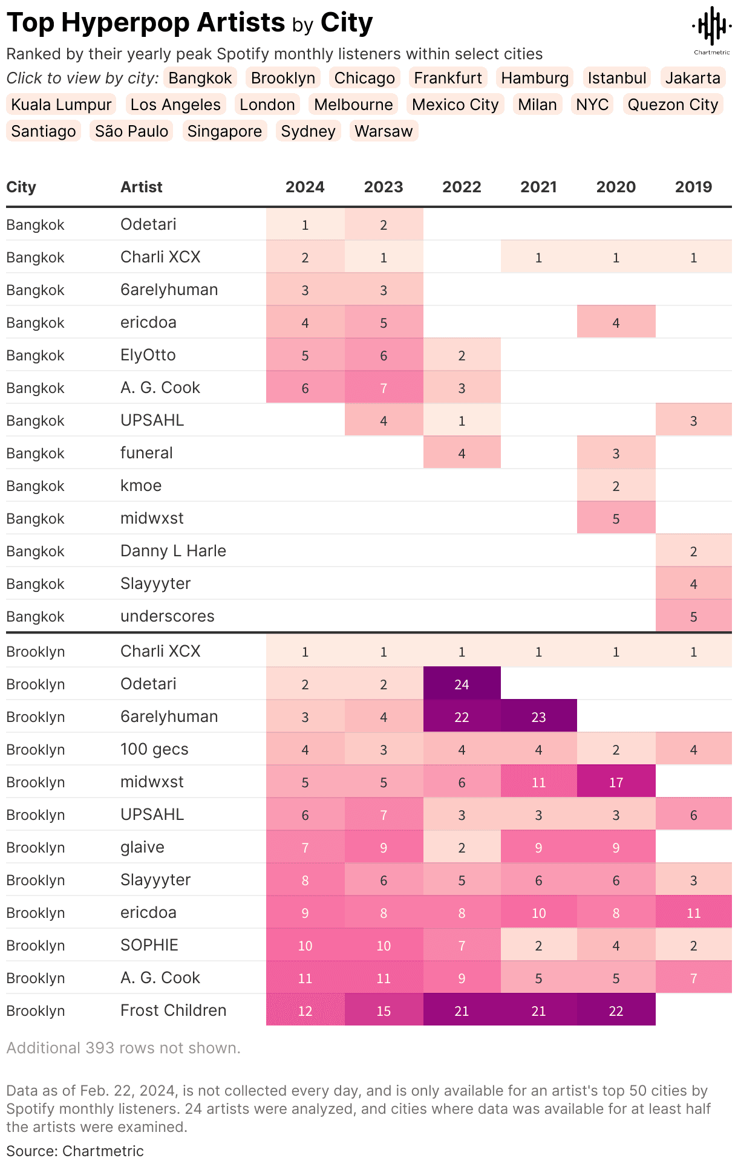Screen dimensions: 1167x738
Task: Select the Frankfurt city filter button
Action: (448, 78)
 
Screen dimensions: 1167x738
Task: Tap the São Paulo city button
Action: (131, 131)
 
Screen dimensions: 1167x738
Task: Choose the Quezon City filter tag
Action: (673, 105)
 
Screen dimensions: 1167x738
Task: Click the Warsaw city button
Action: (384, 131)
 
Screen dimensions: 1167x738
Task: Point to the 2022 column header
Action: (462, 187)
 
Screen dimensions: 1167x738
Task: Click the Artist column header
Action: (142, 187)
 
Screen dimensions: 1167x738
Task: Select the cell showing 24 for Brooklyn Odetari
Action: (462, 684)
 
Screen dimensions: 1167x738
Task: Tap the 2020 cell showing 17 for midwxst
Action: (616, 782)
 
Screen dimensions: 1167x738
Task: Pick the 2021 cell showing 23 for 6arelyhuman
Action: (538, 717)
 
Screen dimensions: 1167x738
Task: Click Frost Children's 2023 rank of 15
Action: (384, 1010)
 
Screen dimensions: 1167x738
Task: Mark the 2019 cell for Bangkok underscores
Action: (693, 616)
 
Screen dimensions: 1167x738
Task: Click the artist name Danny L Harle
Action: (173, 551)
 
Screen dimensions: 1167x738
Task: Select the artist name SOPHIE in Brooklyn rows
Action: (149, 945)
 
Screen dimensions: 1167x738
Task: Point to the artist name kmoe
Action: (141, 486)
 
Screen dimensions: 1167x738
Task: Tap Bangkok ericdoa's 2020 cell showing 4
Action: (616, 322)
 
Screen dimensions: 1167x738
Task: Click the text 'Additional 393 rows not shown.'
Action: (123, 1048)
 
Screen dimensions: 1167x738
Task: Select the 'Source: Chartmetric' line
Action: (75, 1151)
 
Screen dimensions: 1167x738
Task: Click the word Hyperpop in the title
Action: (173, 23)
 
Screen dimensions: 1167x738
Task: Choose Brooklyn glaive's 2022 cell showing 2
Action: (462, 847)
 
